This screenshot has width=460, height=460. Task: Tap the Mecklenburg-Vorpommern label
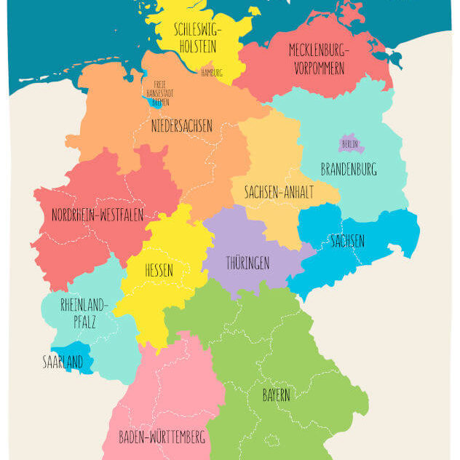tap(318, 59)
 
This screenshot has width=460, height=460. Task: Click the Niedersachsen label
tap(182, 126)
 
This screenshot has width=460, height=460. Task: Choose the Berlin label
tap(349, 144)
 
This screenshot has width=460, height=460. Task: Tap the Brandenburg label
tap(349, 170)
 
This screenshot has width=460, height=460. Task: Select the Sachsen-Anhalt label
tap(279, 193)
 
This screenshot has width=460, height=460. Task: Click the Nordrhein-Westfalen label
tap(98, 215)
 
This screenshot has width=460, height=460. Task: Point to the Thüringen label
tap(247, 263)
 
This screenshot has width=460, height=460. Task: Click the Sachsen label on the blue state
tap(347, 240)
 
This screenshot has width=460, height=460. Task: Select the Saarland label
tap(62, 361)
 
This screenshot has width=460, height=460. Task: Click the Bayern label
tap(276, 395)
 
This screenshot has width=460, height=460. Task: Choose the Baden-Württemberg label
tap(162, 437)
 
